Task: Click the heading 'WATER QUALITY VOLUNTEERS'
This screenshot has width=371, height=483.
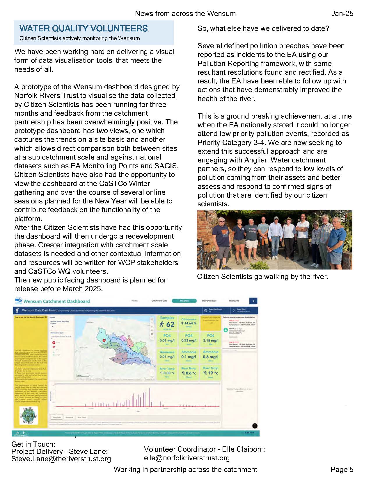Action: point(84,28)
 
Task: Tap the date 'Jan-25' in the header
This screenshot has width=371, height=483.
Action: point(342,13)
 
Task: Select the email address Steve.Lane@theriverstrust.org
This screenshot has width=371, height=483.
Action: point(61,459)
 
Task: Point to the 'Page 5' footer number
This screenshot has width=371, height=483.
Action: point(342,469)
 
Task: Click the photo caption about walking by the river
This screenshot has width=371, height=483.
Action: point(262,276)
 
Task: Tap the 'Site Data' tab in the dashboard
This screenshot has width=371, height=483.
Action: point(184,301)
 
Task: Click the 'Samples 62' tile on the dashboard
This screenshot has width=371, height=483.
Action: point(167,323)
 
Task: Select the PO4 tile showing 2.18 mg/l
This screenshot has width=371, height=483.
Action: point(211,339)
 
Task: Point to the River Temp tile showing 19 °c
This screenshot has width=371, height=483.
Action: point(211,372)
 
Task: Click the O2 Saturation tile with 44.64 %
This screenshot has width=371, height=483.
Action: point(189,323)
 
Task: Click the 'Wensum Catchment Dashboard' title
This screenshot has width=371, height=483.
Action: point(56,301)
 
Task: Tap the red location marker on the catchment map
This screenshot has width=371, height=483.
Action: point(104,339)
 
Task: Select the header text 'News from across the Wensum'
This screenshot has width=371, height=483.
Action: point(185,13)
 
